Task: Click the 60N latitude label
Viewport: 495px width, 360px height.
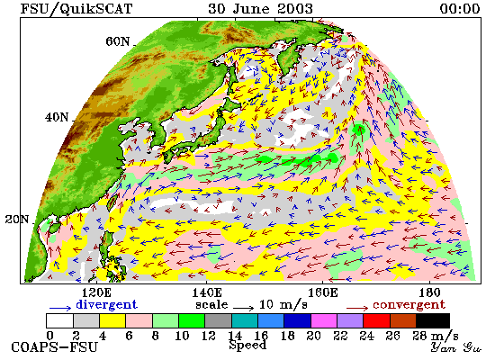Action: coord(117,41)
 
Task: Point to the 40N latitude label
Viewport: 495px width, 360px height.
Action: coord(57,118)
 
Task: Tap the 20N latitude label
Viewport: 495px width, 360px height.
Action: coord(17,219)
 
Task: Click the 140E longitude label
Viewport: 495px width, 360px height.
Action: coord(207,292)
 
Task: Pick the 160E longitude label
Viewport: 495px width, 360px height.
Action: coord(322,292)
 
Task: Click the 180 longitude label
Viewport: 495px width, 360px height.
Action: coord(429,292)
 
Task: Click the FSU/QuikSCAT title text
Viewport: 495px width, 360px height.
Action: coord(76,9)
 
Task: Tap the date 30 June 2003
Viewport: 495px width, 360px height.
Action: coord(260,9)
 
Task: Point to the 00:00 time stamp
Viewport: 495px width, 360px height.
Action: coord(460,9)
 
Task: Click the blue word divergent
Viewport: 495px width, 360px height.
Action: coord(107,304)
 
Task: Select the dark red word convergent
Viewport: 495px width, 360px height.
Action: coord(409,305)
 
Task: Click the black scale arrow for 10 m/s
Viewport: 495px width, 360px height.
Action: coord(243,307)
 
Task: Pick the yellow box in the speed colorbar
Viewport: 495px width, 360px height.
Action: coord(112,320)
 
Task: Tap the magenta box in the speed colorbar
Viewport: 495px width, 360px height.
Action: coord(324,320)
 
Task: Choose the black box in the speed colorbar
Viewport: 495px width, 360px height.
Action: coord(433,320)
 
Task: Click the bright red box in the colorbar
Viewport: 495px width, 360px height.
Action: coord(376,320)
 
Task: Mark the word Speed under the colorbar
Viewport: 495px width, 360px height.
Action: coord(247,345)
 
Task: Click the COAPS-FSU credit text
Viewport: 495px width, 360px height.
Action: coord(54,347)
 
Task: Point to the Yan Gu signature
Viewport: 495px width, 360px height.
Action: coord(456,347)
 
